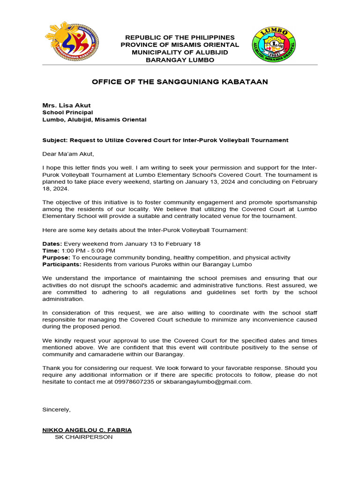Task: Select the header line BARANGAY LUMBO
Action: coord(180,60)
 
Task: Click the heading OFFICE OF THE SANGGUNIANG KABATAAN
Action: coord(180,82)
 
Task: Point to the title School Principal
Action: coord(67,112)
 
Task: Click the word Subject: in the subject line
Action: coord(56,140)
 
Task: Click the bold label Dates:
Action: coord(52,244)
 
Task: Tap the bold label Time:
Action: coord(51,251)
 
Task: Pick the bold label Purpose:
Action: coord(56,257)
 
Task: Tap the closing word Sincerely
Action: coord(56,409)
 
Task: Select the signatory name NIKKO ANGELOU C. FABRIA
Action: coord(87,430)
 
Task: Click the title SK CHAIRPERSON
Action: coord(83,437)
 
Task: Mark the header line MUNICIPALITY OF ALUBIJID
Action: coord(180,52)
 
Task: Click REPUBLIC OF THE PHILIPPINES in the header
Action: coord(180,37)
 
